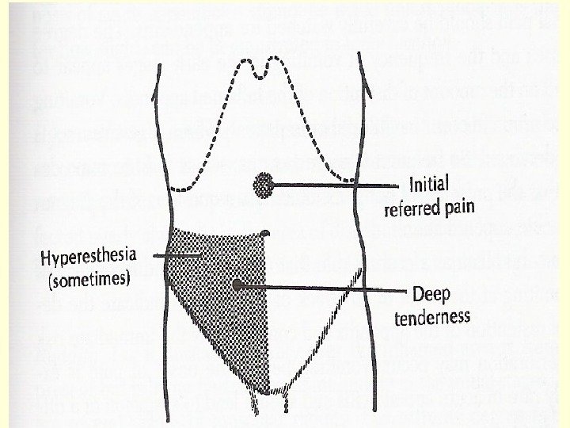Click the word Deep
click(x=431, y=295)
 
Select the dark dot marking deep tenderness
click(x=237, y=283)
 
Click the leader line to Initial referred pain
click(x=332, y=186)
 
